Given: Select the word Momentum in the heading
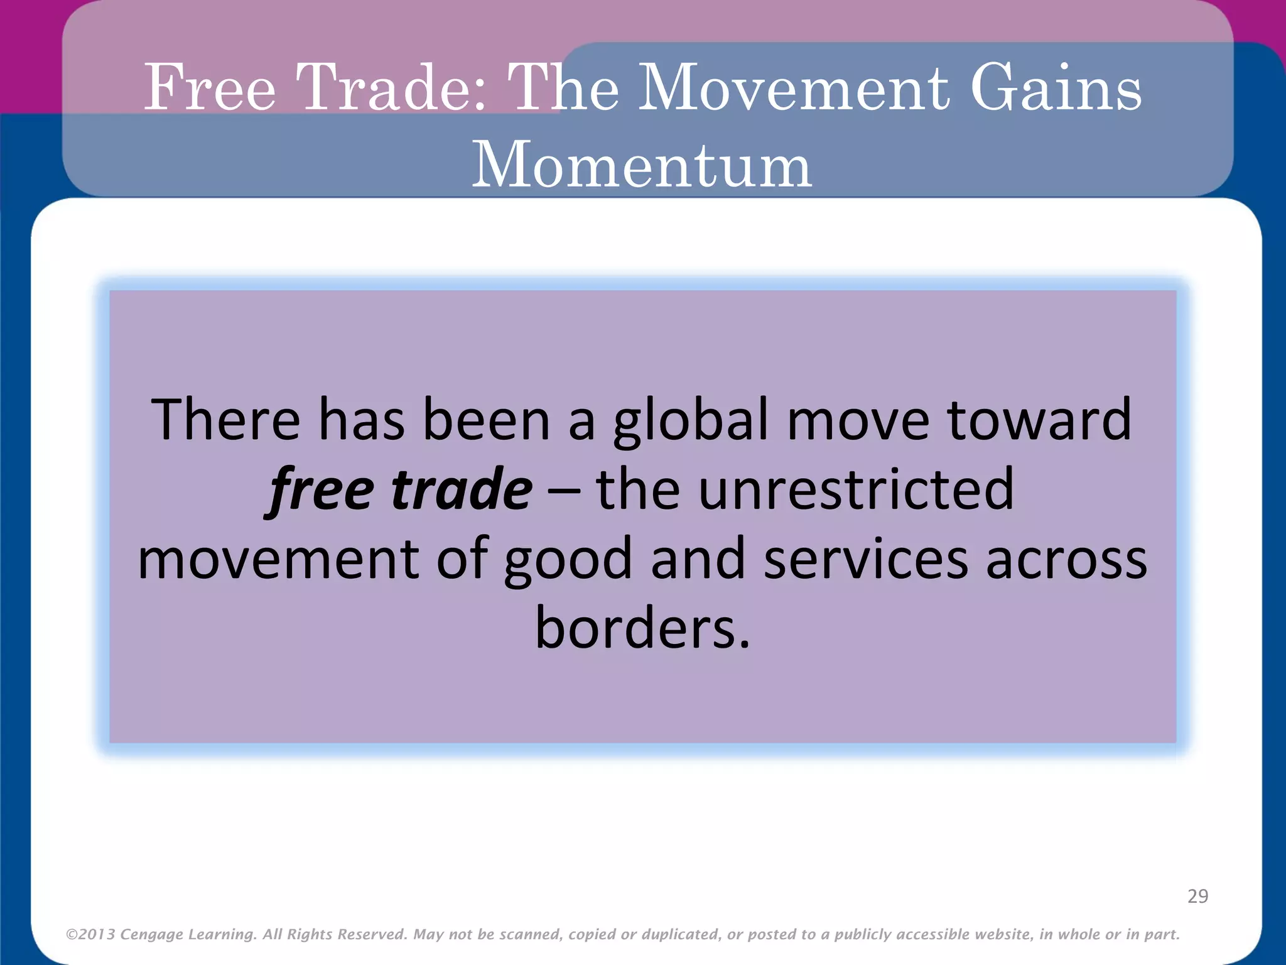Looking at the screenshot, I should [x=642, y=165].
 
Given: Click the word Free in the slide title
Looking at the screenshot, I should [x=210, y=88].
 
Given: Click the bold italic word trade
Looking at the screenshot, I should [x=462, y=489].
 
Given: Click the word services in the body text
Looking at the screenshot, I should [x=866, y=559].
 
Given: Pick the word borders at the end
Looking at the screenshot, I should [x=642, y=628].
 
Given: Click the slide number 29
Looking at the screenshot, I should [x=1197, y=896].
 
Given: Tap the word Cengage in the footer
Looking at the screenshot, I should [x=151, y=935].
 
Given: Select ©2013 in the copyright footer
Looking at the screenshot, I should [x=90, y=935].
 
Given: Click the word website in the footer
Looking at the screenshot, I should [x=1002, y=934].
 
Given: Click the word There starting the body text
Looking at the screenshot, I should [x=225, y=420].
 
